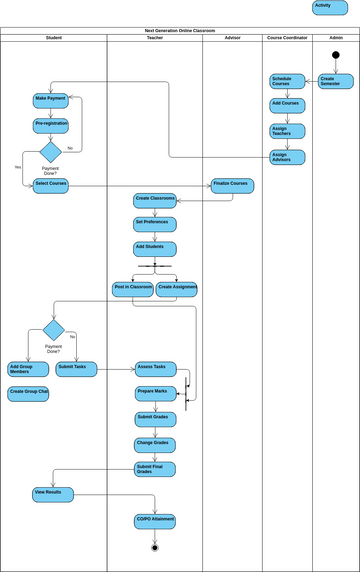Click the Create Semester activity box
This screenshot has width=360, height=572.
pos(336,81)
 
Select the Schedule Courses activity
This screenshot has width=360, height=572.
pos(287,81)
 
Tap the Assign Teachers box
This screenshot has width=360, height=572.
pos(287,131)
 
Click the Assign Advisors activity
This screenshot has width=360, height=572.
pos(287,157)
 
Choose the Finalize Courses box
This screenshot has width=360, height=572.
pos(232,185)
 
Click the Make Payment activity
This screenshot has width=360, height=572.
pos(50,100)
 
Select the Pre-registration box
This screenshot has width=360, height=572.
pos(50,125)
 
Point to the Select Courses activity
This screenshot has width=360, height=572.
pos(50,185)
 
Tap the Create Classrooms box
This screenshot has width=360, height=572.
pos(155,200)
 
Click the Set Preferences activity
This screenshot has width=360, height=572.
pos(155,223)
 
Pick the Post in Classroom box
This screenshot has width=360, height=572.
pos(133,289)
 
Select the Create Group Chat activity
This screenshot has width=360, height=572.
pos(29,394)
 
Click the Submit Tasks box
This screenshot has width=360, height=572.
pos(76,369)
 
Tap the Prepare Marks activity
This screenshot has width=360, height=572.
pos(156,393)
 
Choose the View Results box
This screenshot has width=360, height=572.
pos(52,494)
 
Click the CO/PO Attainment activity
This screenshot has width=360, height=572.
pos(155,521)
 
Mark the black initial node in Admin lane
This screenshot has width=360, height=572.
pos(336,55)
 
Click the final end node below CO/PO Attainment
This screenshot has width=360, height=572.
pos(155,547)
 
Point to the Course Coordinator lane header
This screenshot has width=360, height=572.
pos(288,38)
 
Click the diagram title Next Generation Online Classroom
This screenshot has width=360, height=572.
pos(180,31)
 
